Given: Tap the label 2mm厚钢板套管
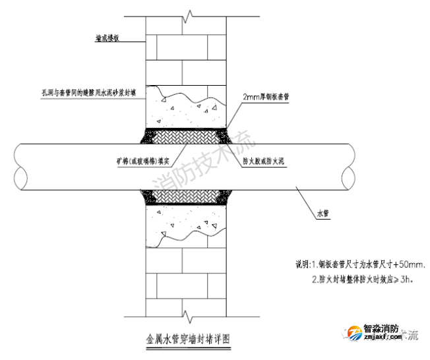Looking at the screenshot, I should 266,96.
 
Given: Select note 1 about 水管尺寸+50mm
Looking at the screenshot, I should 359,265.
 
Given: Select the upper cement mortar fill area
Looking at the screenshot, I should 188,109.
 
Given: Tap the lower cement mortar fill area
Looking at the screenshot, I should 188,224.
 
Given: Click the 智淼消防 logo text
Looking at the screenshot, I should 381,328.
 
